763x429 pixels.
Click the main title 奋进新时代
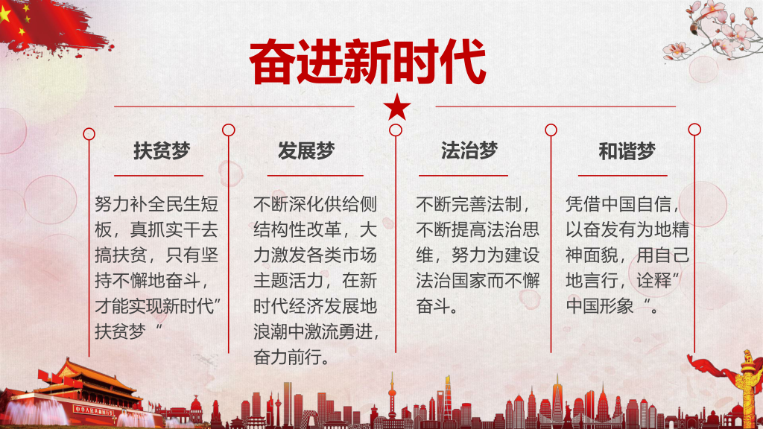[x=367, y=62]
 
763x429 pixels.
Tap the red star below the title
[x=396, y=107]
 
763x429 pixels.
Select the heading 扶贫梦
[x=162, y=150]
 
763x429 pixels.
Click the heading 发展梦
[x=306, y=150]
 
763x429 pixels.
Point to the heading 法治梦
[x=469, y=150]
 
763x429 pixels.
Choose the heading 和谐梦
[x=627, y=151]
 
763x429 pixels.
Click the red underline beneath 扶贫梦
[x=159, y=176]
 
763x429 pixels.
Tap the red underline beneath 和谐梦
[x=622, y=176]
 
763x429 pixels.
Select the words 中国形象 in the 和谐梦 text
[x=600, y=306]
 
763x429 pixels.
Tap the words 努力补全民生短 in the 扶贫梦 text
[x=156, y=204]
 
